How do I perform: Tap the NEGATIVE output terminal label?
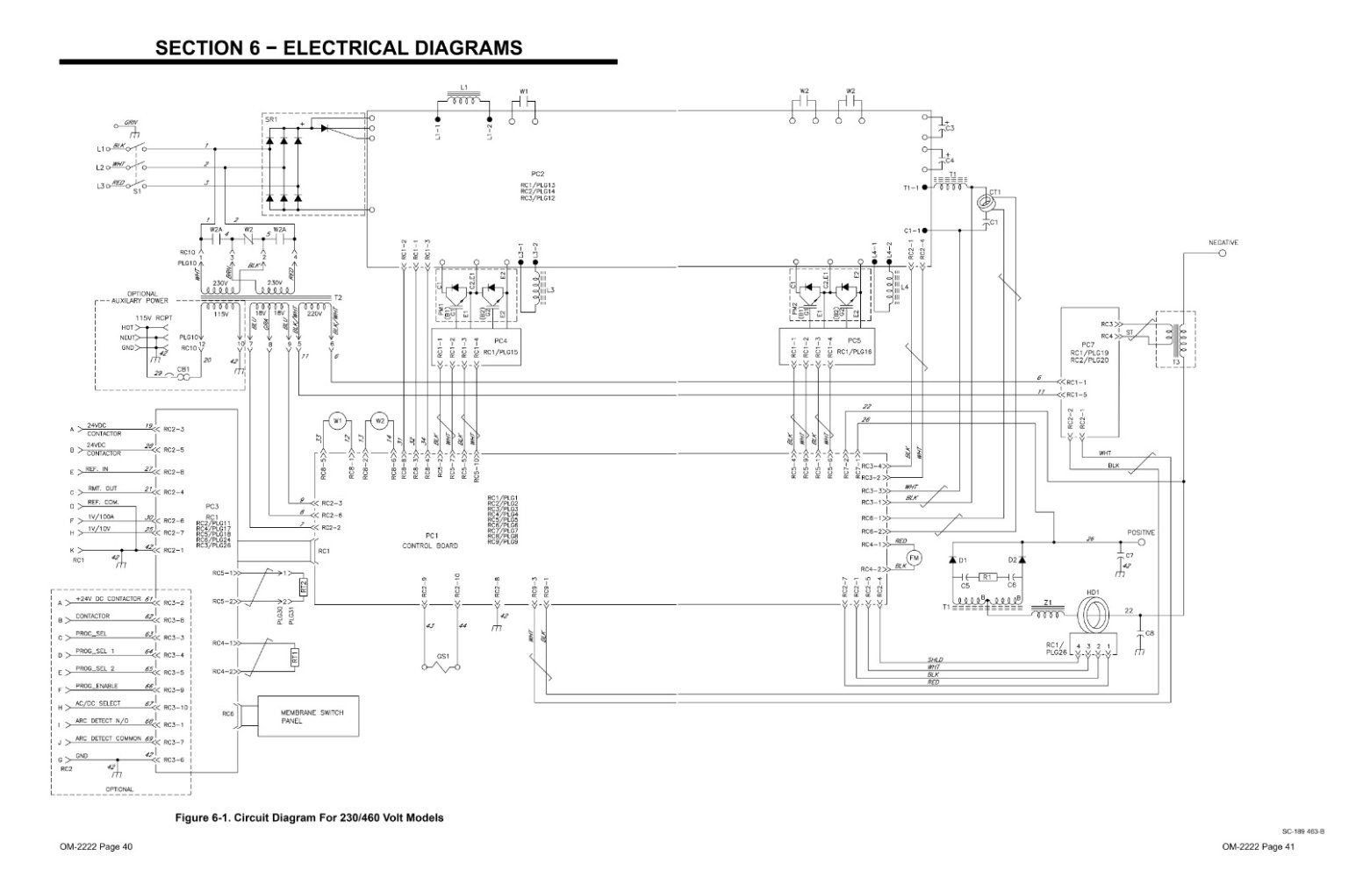[x=1223, y=242]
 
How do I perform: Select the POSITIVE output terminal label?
[x=1141, y=532]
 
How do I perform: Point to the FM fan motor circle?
[x=913, y=558]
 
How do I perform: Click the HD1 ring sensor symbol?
[x=1094, y=617]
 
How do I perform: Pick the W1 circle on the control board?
[x=337, y=421]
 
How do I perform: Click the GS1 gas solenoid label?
[x=442, y=655]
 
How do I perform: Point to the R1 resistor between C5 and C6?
[x=987, y=577]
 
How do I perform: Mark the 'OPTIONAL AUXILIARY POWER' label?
[x=142, y=297]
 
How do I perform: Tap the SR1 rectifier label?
[x=271, y=119]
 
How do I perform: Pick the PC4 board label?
[x=500, y=340]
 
